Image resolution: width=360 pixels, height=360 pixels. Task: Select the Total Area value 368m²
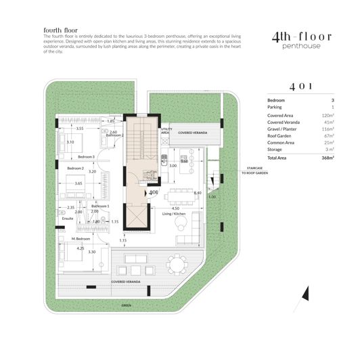328,158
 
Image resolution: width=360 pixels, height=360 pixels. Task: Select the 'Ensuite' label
67,219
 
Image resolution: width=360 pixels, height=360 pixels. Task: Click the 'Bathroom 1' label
100,205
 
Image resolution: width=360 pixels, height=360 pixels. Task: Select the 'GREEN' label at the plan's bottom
127,305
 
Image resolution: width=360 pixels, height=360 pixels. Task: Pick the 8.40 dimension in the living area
198,193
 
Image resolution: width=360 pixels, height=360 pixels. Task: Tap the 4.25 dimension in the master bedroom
82,248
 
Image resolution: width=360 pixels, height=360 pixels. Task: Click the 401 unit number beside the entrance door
154,192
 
